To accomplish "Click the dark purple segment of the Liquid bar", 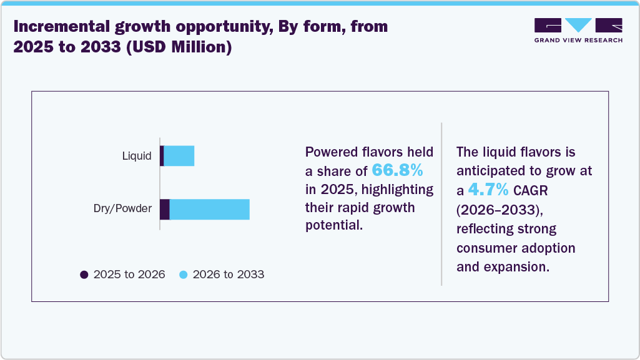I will point(162,156).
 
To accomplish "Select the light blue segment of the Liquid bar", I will point(179,156).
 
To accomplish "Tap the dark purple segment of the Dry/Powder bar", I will point(165,210).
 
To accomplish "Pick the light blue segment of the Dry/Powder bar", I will point(209,210).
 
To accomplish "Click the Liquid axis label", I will point(136,156).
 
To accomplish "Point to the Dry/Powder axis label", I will point(122,209).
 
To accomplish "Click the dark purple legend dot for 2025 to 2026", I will point(84,275).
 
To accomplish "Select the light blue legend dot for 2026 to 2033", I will point(184,275).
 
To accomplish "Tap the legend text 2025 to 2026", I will point(129,275).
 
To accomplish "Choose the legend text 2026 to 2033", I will point(229,275).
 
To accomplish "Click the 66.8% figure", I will point(397,170).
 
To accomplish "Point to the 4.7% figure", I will point(489,190).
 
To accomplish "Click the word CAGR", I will point(530,190).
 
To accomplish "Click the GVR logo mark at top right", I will point(578,26).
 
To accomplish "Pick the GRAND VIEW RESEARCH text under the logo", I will point(578,40).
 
